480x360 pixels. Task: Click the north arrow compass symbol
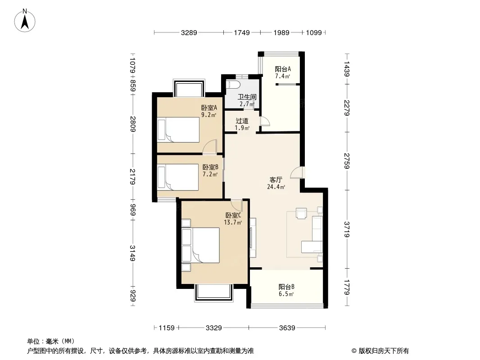click(x=25, y=21)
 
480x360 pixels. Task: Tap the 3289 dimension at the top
click(x=189, y=32)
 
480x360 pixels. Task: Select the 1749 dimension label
click(x=242, y=32)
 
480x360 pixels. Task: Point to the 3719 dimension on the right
click(x=347, y=229)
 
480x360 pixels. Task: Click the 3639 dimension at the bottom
click(x=287, y=328)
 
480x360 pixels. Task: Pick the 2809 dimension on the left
click(x=132, y=124)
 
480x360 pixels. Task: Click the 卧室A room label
click(x=209, y=108)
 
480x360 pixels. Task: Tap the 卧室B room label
click(x=210, y=167)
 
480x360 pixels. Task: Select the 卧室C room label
click(x=233, y=215)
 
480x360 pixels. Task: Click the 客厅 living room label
click(x=276, y=180)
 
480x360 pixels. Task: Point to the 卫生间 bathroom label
click(x=247, y=97)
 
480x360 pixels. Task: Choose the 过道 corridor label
click(x=242, y=121)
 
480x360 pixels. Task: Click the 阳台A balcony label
click(x=283, y=69)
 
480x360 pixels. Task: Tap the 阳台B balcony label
click(x=286, y=287)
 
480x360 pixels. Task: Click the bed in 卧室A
click(x=178, y=130)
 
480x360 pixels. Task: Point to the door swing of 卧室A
click(x=210, y=147)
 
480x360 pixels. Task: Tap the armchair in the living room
click(x=301, y=213)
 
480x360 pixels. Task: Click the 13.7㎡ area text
click(x=233, y=222)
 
